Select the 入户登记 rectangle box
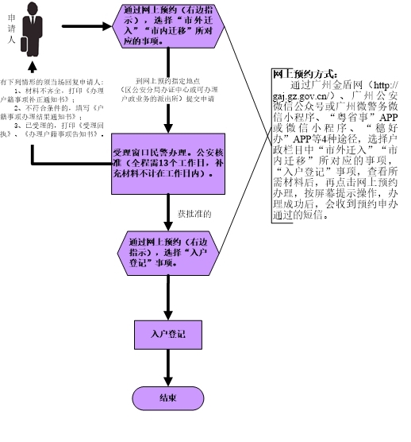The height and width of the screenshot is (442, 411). pyautogui.click(x=167, y=335)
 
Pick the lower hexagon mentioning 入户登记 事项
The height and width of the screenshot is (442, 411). pyautogui.click(x=168, y=250)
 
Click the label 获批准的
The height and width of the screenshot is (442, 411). pyautogui.click(x=194, y=214)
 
